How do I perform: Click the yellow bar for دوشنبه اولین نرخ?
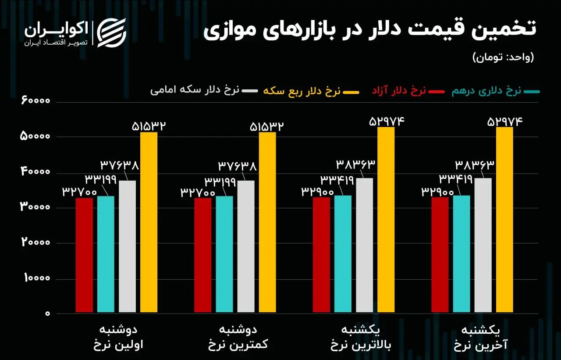tap(149, 222)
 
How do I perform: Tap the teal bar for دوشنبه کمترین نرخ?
tap(224, 254)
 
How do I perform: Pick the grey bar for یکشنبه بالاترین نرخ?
tap(365, 245)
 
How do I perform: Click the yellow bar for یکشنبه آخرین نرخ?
tap(504, 220)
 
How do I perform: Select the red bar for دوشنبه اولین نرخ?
tap(84, 255)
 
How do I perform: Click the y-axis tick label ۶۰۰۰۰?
tap(35, 101)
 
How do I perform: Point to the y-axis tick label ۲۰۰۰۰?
tap(35, 243)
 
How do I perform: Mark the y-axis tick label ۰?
tap(47, 314)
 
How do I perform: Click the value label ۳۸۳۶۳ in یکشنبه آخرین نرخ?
tap(474, 165)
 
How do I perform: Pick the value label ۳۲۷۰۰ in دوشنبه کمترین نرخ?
tap(198, 192)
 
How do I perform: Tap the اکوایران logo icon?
tap(111, 32)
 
